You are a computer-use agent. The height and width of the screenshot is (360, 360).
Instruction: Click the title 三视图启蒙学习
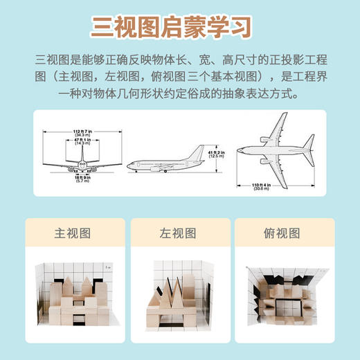[x=179, y=26]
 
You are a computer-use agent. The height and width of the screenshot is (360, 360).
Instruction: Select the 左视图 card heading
[x=180, y=234]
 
